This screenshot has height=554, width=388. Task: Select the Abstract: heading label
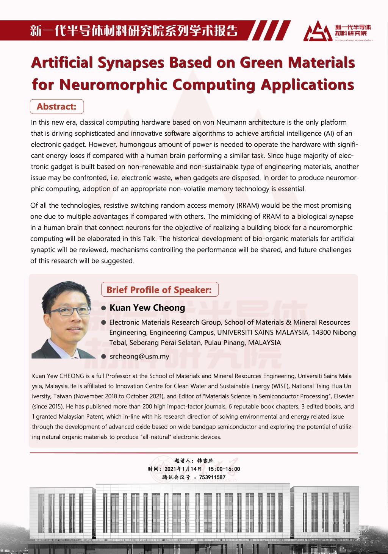coord(56,106)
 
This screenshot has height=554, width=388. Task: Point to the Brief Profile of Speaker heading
coord(159,290)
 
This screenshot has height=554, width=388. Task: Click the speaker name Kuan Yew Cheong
coord(147,308)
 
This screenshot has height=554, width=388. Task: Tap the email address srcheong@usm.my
coord(139,356)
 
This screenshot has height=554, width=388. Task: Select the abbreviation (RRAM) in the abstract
coord(248,206)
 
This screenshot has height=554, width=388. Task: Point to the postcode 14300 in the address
coord(317,332)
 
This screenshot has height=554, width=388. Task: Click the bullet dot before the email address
coord(103,357)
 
